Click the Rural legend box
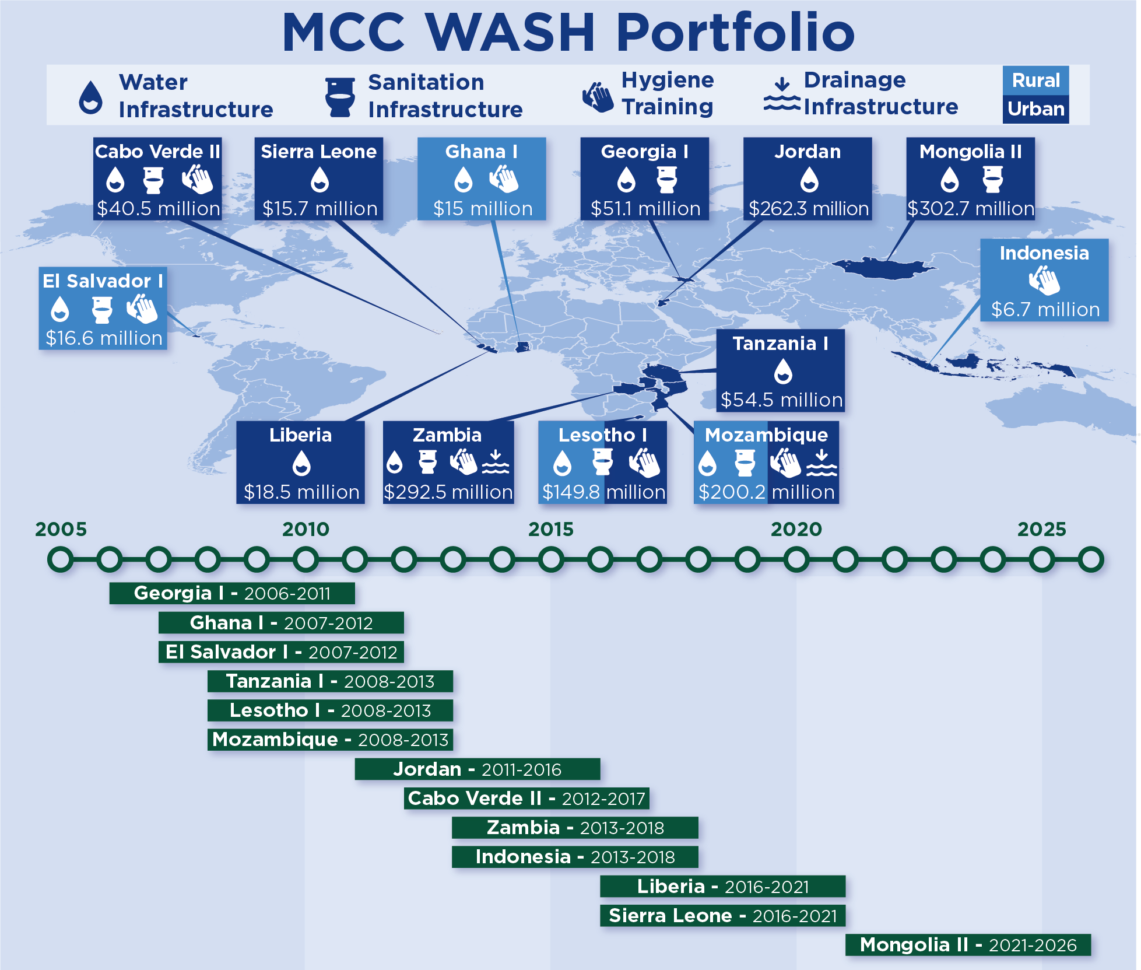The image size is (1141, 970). (1035, 80)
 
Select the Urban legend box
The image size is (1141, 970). (1035, 109)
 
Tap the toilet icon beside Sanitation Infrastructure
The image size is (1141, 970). (340, 97)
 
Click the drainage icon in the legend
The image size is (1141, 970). (782, 94)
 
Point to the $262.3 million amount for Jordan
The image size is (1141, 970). (809, 209)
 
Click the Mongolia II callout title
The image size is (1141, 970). (971, 152)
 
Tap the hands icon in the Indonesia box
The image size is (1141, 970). (1044, 281)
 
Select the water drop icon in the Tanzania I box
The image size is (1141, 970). (783, 371)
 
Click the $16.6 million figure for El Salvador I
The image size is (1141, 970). (104, 338)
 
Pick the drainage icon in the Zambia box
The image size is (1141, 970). (496, 461)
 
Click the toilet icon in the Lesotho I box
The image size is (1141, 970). (602, 462)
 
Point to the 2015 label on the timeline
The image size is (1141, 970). (551, 529)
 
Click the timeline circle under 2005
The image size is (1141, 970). (61, 559)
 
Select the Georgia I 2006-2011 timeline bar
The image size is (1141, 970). (232, 593)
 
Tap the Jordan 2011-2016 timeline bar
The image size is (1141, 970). (478, 769)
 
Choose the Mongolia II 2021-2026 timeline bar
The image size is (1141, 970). (968, 945)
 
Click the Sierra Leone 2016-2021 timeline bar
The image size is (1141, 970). (723, 916)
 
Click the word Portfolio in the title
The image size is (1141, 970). (736, 32)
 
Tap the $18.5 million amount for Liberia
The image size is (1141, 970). (301, 492)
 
